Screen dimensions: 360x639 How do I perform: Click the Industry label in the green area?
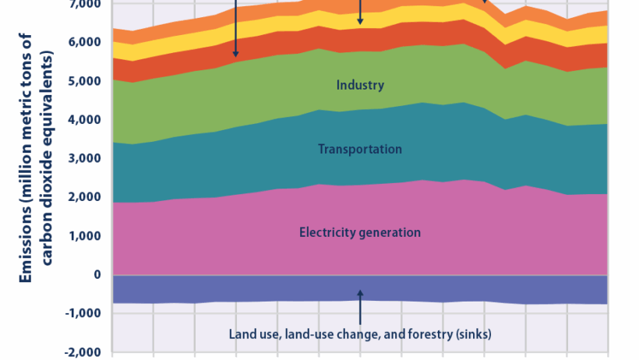[x=360, y=85]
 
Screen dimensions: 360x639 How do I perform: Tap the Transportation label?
[x=360, y=149]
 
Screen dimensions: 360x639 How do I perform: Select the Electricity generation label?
[x=360, y=232]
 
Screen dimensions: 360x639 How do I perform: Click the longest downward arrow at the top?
[x=235, y=31]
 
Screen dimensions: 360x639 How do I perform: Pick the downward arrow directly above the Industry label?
[x=360, y=12]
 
